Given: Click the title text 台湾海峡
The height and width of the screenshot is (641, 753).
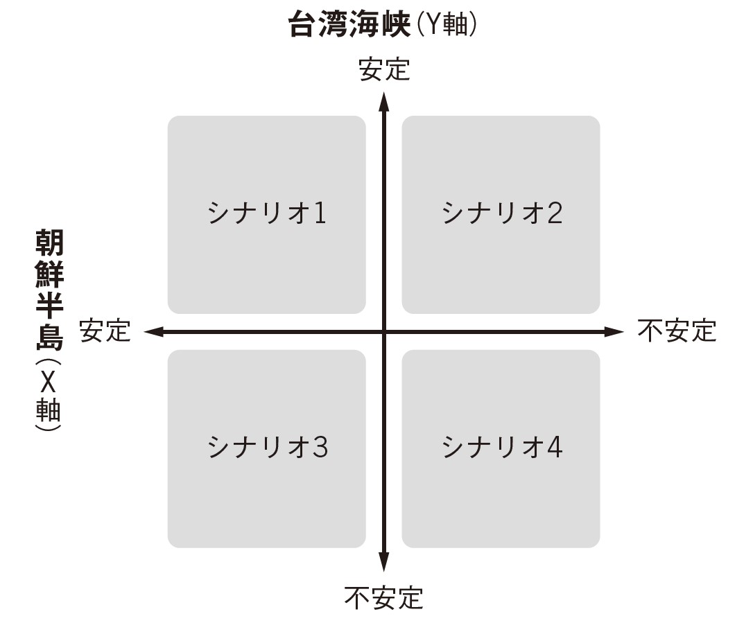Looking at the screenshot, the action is click(x=349, y=24).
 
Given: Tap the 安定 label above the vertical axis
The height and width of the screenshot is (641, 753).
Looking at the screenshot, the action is click(x=384, y=69).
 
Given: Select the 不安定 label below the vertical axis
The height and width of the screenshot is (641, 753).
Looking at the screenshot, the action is click(x=383, y=598).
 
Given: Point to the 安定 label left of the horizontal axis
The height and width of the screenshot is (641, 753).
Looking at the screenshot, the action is click(x=105, y=331).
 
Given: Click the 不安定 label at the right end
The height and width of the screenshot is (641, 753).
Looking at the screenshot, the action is click(x=677, y=331).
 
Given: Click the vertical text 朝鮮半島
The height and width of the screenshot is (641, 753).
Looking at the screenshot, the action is click(x=49, y=290).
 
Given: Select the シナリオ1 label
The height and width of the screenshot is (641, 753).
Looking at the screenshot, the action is click(x=267, y=213).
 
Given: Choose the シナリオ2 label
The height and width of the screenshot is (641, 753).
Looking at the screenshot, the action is click(x=502, y=213).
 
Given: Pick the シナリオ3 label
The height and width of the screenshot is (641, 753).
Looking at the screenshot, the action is click(x=268, y=447).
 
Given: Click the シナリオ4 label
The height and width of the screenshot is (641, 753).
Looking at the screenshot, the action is click(x=502, y=447).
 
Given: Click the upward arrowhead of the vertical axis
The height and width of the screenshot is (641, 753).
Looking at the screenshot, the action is click(x=383, y=101).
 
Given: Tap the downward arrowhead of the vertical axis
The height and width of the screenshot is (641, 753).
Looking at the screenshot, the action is click(x=383, y=561).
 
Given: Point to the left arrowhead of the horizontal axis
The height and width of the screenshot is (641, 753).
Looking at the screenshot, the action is click(x=155, y=331).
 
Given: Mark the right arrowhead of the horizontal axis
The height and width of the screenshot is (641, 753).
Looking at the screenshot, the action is click(x=613, y=331).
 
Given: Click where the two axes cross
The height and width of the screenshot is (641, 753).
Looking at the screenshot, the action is click(x=383, y=331).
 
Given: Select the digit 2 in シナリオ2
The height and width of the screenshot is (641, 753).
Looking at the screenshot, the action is click(x=555, y=213).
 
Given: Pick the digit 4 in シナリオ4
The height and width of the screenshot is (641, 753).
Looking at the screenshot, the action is click(x=555, y=448).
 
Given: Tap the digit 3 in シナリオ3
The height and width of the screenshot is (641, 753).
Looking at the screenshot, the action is click(x=320, y=448).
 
